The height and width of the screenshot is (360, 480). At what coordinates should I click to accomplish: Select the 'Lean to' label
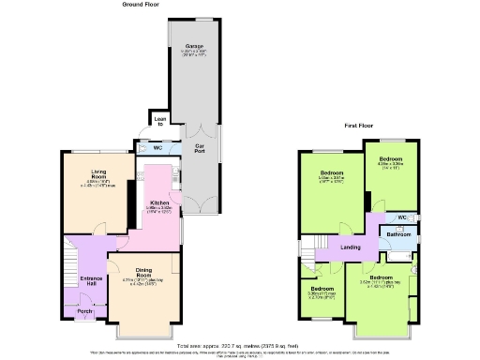160,121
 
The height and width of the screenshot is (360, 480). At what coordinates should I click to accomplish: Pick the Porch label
84,311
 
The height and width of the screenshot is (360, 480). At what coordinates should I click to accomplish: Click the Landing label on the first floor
351,247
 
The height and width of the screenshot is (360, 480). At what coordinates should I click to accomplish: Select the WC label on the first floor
402,217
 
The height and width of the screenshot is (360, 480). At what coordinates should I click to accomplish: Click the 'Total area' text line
240,346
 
